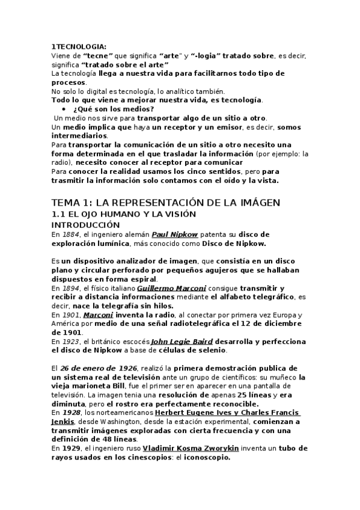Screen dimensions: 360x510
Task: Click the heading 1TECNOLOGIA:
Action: (x=78, y=46)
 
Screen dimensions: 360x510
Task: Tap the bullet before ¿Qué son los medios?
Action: (x=64, y=109)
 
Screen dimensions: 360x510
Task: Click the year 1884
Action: (x=70, y=234)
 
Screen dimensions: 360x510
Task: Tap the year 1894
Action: (x=70, y=288)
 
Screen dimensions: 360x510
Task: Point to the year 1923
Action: (x=70, y=342)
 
